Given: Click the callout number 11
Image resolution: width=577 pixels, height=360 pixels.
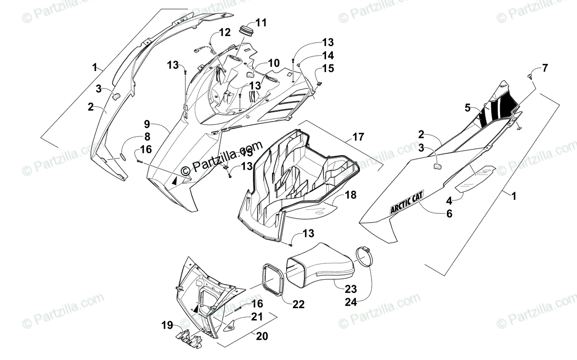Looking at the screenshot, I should (x=261, y=22).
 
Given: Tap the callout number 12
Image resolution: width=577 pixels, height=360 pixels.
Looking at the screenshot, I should (x=225, y=33).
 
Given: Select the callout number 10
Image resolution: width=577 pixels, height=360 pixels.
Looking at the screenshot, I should (x=274, y=62).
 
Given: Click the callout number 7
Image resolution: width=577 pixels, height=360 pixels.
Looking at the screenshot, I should (x=544, y=68).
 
